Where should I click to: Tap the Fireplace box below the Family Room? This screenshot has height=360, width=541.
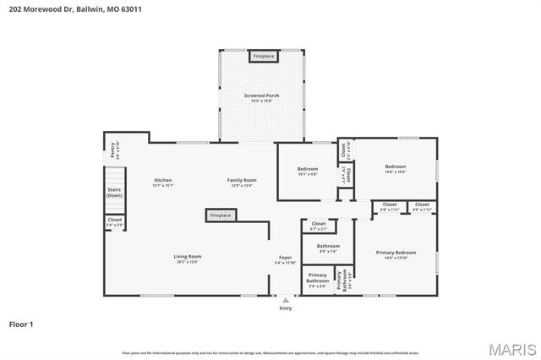coord(219,216)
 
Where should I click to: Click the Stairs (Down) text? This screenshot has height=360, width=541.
coord(114,192)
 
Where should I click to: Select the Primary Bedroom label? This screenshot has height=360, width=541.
coord(396,253)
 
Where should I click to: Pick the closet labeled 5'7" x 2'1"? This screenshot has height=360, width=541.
coord(319,225)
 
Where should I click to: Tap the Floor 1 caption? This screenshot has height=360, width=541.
coord(22,323)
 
